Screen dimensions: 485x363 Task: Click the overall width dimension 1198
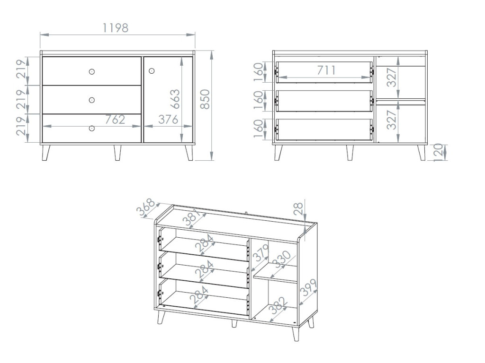coord(115,28)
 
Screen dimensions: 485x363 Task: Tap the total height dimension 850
coord(205,99)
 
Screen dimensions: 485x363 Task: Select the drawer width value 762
coord(115,120)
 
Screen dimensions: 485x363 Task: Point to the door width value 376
coord(168,120)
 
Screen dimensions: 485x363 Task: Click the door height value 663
coord(175,99)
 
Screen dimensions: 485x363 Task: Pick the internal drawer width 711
coord(326,70)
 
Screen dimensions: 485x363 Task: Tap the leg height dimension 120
coord(438,152)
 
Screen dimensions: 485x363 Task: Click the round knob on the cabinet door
coord(151,71)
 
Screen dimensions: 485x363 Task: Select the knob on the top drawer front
coord(91,72)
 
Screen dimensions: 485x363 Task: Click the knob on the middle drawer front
coord(91,100)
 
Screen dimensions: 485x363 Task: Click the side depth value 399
coord(308,287)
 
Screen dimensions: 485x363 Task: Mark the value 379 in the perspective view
coord(260,254)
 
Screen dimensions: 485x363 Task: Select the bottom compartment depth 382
coord(279,306)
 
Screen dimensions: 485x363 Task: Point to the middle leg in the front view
coord(117,153)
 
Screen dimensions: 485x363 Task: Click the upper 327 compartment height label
coord(392,78)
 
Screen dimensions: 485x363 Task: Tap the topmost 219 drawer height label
coord(21,69)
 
